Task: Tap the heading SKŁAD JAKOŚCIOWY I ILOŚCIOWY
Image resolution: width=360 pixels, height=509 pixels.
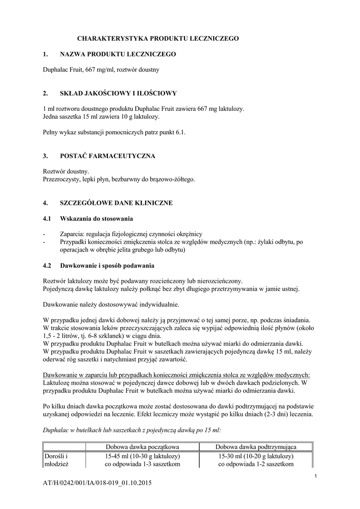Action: pyautogui.click(x=118, y=93)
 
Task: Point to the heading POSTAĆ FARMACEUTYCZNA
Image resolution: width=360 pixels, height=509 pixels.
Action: pyautogui.click(x=107, y=156)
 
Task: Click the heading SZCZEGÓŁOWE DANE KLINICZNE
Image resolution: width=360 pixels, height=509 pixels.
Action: pyautogui.click(x=116, y=203)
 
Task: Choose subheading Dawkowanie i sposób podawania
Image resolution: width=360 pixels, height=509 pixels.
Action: pyautogui.click(x=107, y=265)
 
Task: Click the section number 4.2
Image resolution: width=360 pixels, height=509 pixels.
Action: pyautogui.click(x=48, y=265)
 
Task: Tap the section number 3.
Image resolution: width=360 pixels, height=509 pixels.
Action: pyautogui.click(x=45, y=156)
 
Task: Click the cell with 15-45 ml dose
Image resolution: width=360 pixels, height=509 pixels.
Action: pyautogui.click(x=143, y=460)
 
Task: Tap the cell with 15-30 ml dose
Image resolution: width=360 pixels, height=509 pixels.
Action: pyautogui.click(x=256, y=460)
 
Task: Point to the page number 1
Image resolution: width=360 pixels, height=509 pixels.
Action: pyautogui.click(x=316, y=477)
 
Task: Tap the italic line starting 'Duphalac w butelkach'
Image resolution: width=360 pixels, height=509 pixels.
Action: pyautogui.click(x=132, y=429)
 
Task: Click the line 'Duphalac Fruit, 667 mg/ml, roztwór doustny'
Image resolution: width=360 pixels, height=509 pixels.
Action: pyautogui.click(x=101, y=70)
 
